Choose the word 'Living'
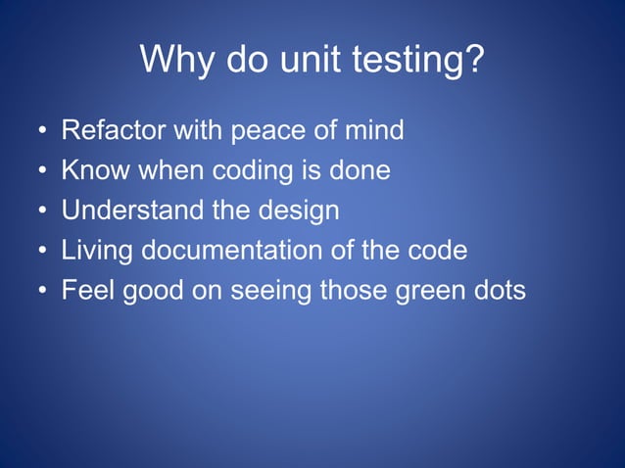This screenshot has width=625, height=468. (x=98, y=251)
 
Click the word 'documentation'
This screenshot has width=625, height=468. (x=231, y=251)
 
